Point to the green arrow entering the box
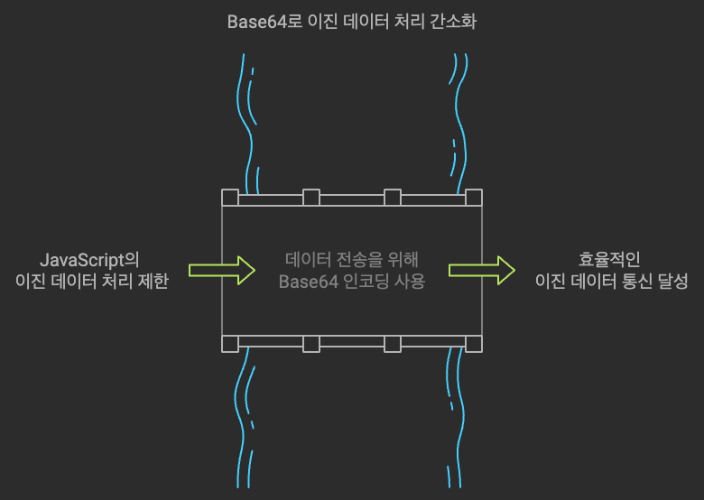click(x=221, y=270)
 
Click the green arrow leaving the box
click(x=481, y=270)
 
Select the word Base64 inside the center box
click(x=304, y=282)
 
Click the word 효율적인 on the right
click(x=609, y=260)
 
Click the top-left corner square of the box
click(x=230, y=198)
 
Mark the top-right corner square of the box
click(x=473, y=198)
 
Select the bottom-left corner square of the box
click(x=230, y=343)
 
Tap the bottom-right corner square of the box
click(x=473, y=343)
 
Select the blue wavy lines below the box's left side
click(x=244, y=420)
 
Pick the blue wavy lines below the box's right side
click(x=455, y=420)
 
